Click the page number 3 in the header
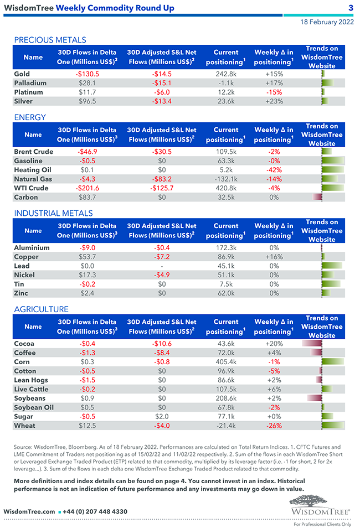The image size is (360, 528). click(351, 8)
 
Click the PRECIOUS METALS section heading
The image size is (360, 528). click(50, 40)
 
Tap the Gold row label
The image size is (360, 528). click(22, 74)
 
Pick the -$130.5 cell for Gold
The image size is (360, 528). click(87, 74)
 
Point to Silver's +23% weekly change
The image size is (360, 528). click(274, 101)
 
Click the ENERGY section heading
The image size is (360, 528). click(30, 117)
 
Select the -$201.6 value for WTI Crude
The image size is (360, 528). click(87, 188)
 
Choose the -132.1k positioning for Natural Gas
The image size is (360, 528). click(226, 179)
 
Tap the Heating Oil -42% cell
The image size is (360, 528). click(274, 170)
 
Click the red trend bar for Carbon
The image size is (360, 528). click(317, 197)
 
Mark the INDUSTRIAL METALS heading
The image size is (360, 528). click(53, 213)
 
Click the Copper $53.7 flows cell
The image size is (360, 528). click(88, 257)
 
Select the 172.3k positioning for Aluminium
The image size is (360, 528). click(226, 248)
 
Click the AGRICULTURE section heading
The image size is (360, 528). click(41, 309)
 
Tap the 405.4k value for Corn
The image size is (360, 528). click(226, 362)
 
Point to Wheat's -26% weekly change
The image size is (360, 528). click(274, 426)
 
